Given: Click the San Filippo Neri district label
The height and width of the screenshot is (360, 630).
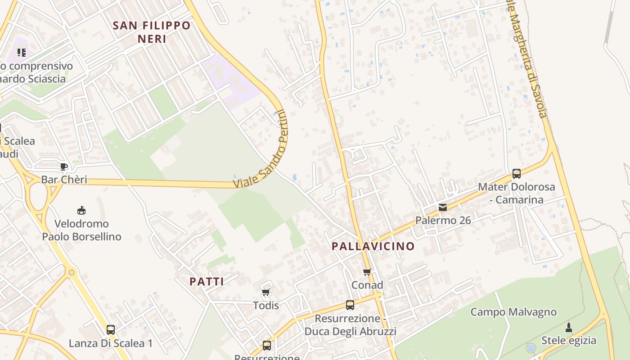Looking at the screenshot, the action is click(152, 32).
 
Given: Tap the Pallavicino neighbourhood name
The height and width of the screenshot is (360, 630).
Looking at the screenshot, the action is click(373, 246).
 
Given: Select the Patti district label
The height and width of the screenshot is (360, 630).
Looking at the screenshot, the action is click(207, 282).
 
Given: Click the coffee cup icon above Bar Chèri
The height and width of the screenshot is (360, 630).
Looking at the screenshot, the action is click(64, 167).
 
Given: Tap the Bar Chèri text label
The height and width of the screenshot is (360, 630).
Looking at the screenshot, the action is click(64, 180).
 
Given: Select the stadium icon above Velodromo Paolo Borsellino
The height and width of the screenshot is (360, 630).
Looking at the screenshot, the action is click(81, 210).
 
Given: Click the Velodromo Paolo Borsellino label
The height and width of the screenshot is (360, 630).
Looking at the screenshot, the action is click(81, 230).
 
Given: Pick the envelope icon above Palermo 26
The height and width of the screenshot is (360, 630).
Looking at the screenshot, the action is click(443, 207).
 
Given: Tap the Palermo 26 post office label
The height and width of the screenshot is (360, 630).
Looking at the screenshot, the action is click(443, 220).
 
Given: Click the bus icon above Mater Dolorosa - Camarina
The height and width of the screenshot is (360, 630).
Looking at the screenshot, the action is click(517, 173).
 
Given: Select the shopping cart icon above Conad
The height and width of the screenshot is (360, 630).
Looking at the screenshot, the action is click(367, 272).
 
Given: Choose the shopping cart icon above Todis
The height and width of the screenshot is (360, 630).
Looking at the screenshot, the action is click(266, 292).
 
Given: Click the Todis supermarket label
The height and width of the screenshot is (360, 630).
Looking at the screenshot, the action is click(266, 306).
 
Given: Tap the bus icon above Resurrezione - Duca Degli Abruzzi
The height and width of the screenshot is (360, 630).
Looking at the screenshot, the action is click(350, 305).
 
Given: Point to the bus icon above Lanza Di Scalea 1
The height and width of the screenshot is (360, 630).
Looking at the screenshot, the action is click(111, 330).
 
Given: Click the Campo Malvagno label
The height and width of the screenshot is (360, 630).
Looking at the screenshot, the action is click(513, 312).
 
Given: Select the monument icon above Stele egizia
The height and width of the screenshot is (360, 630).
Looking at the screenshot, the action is click(569, 327).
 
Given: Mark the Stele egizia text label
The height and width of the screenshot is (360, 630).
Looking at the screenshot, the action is click(569, 340).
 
